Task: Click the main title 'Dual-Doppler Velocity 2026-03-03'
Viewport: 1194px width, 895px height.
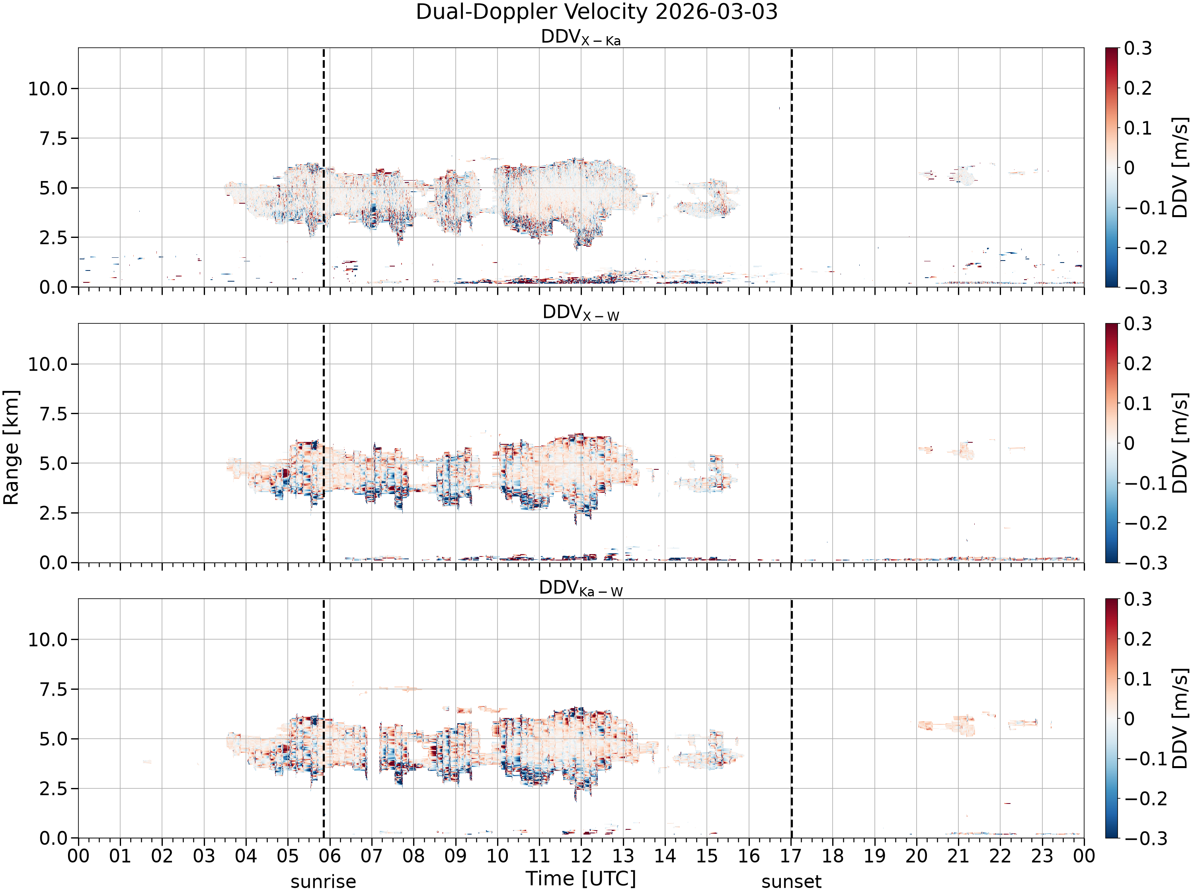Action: coord(597,12)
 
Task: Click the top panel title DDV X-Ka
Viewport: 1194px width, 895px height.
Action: coord(581,37)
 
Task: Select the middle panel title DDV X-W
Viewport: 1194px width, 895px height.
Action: coord(581,313)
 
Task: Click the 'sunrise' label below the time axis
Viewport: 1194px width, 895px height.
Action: coord(323,882)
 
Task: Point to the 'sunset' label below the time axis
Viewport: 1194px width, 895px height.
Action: coord(791,882)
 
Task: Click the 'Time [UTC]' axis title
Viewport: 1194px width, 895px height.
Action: coord(581,879)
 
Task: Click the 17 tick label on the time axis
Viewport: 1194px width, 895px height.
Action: coord(791,856)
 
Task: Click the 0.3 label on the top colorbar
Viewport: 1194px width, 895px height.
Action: coord(1138,49)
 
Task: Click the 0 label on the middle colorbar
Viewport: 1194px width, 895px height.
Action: coord(1129,444)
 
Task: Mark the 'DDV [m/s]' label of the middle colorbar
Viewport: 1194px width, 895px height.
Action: coord(1180,443)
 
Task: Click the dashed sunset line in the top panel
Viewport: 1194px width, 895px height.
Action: coord(791,167)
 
